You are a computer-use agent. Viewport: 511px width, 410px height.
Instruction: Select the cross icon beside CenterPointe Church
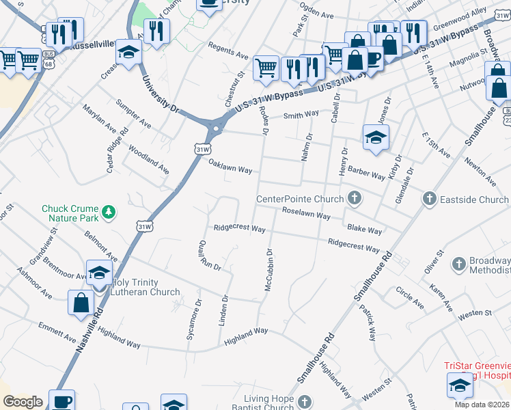(354, 199)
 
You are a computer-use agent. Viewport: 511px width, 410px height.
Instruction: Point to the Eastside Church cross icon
(430, 199)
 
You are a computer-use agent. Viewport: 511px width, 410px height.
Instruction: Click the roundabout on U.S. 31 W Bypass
(216, 126)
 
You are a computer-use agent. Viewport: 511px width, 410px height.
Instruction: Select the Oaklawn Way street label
(230, 167)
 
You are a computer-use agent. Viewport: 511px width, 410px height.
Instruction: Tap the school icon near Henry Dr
(375, 137)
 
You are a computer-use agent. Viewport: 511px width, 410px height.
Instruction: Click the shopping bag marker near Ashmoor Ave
(81, 301)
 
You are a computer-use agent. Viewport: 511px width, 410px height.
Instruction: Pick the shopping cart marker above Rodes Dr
(266, 67)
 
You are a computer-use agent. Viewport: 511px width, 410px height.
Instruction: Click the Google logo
(23, 402)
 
